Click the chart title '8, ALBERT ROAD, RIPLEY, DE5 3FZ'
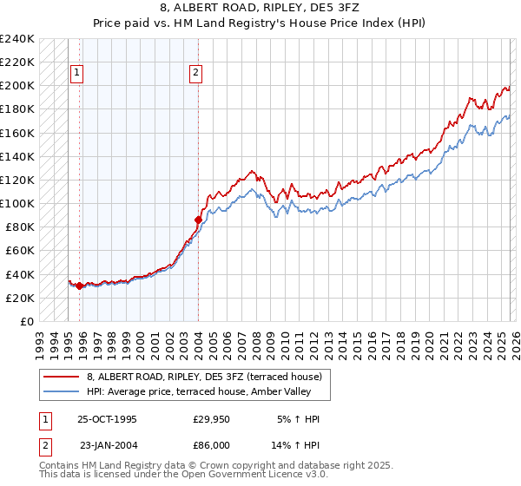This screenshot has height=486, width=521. pyautogui.click(x=260, y=10)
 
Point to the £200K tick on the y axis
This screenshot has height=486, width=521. pyautogui.click(x=17, y=86)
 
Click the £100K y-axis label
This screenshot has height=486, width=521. pyautogui.click(x=17, y=203)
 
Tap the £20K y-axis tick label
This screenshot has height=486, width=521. pyautogui.click(x=20, y=298)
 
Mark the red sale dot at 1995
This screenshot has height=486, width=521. pyautogui.click(x=79, y=286)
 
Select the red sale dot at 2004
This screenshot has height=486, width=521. pyautogui.click(x=198, y=220)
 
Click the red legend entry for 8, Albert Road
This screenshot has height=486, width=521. pyautogui.click(x=204, y=376)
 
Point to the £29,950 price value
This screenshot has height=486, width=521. pyautogui.click(x=211, y=419)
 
